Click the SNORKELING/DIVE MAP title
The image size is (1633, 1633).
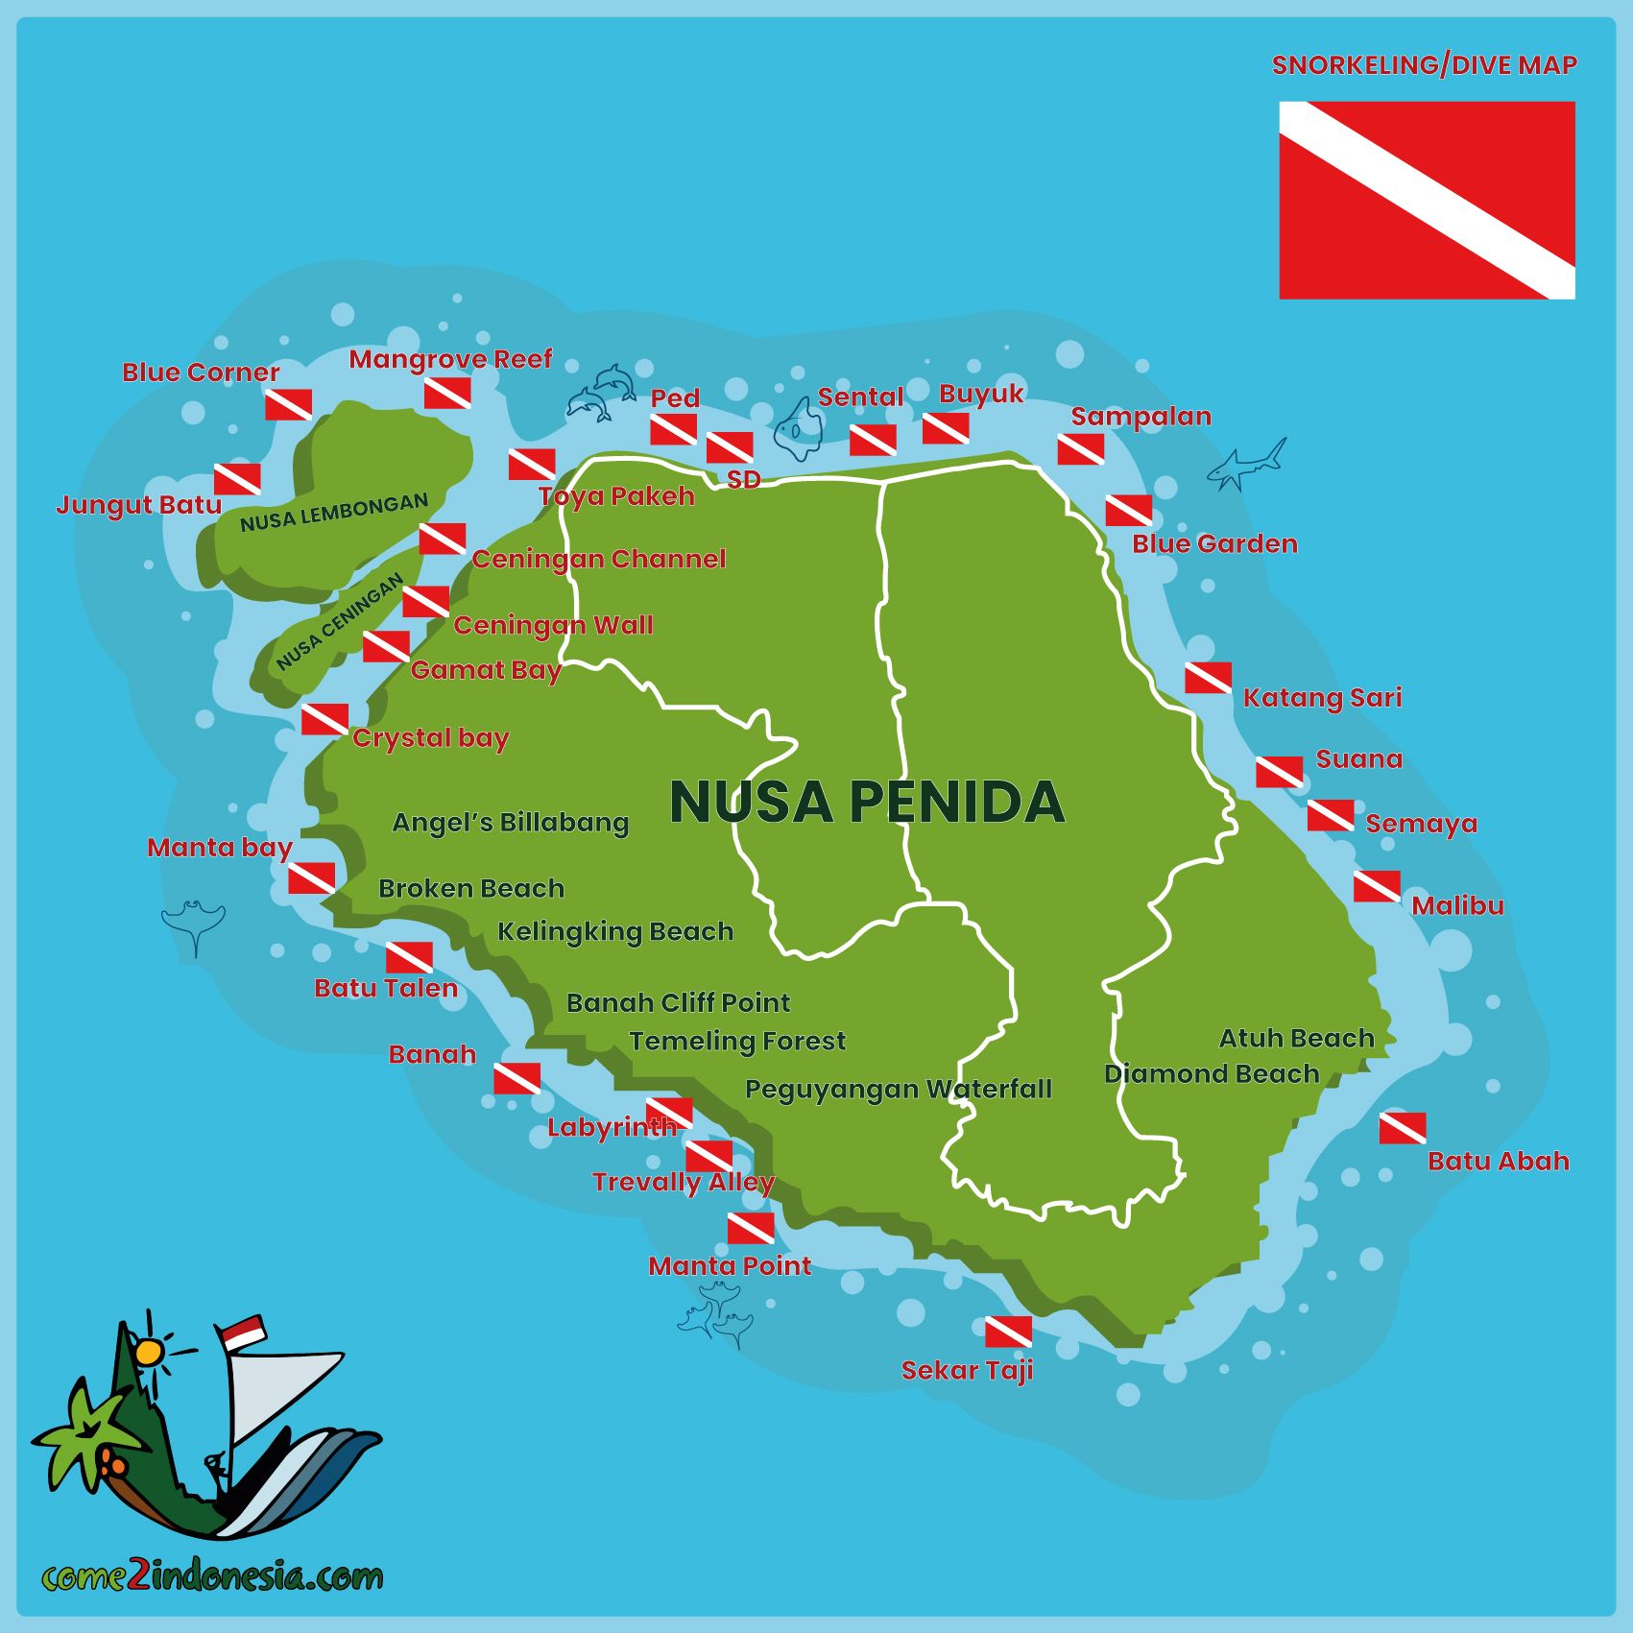coord(1424,65)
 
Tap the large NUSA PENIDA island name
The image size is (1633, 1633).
coord(867,803)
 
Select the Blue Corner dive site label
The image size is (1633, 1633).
coord(201,372)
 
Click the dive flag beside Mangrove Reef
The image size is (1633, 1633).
coord(447,393)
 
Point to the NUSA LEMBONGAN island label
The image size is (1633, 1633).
coord(334,513)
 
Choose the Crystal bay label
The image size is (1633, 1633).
coord(430,738)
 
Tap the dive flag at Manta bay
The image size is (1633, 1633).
coord(312,877)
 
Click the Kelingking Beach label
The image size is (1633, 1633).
coord(615,932)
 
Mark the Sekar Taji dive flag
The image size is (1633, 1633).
coord(1008,1332)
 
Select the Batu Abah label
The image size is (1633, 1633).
coord(1499,1162)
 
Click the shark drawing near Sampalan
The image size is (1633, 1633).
coord(1246,466)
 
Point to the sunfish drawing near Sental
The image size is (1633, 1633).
coord(800,429)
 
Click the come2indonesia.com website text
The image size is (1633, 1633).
coord(212,1576)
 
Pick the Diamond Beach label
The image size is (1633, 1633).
coord(1212,1074)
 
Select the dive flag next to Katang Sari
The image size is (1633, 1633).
coord(1209,678)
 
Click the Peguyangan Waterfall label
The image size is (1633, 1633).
coord(899,1090)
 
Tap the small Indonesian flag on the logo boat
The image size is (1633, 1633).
coord(242,1332)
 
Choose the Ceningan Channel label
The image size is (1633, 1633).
coord(599,560)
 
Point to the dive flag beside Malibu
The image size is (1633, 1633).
coord(1377,886)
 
